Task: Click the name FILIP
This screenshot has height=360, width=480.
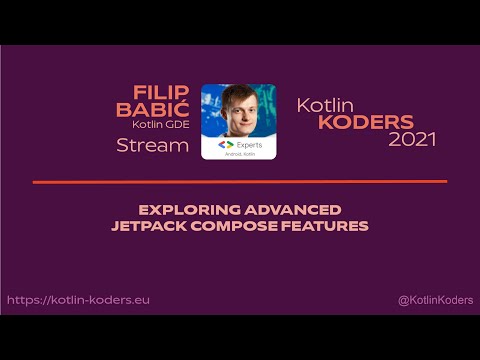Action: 163,92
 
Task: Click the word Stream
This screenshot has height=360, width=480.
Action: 152,146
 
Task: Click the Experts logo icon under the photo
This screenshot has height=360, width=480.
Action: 226,144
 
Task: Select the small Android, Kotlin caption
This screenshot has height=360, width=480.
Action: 238,155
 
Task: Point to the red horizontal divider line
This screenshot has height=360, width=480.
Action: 240,182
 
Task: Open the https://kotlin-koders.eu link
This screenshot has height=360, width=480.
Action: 78,300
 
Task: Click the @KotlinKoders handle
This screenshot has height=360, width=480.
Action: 434,300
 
